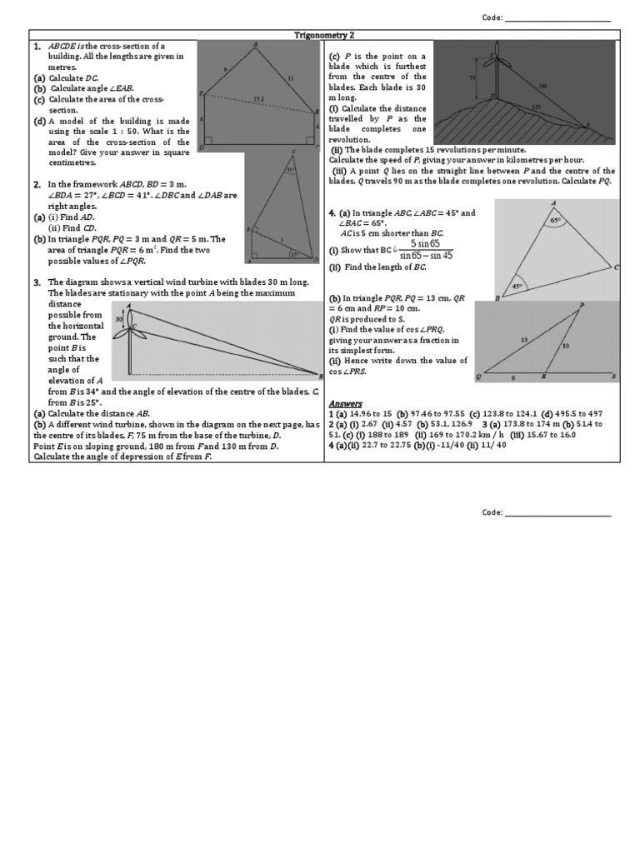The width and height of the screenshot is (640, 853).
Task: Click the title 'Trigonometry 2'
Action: pyautogui.click(x=325, y=35)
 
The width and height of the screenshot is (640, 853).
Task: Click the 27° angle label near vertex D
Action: pyautogui.click(x=292, y=256)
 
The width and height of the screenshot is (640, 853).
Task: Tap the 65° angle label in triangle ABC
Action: pyautogui.click(x=556, y=221)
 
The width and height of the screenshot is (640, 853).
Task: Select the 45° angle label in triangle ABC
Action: pyautogui.click(x=517, y=286)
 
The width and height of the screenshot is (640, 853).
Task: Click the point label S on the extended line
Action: pyautogui.click(x=613, y=377)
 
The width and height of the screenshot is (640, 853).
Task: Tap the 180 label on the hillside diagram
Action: pyautogui.click(x=543, y=85)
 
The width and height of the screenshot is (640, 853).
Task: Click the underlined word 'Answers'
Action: pyautogui.click(x=346, y=404)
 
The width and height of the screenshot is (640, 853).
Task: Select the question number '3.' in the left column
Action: pyautogui.click(x=37, y=283)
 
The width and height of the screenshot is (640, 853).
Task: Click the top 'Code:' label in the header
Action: pyautogui.click(x=492, y=18)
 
